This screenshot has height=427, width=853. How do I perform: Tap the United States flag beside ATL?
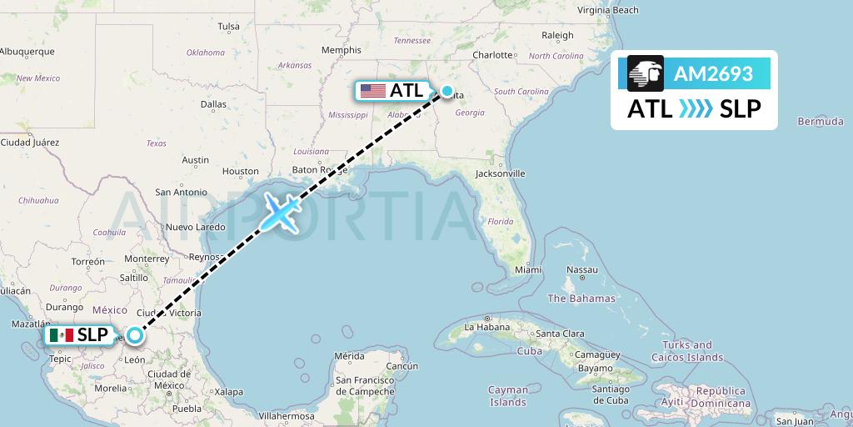(x=373, y=91)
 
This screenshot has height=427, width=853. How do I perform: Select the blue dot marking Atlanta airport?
(x=447, y=91)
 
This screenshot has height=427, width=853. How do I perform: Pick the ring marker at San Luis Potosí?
(x=133, y=336)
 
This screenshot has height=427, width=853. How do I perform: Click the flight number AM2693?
(x=714, y=74)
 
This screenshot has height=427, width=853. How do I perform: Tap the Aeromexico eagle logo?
(x=646, y=73)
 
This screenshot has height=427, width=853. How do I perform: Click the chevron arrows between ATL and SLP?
(x=696, y=108)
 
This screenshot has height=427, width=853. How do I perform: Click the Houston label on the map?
(x=240, y=171)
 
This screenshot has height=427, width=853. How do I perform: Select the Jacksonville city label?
(x=500, y=173)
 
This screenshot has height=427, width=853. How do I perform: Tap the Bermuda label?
(x=820, y=121)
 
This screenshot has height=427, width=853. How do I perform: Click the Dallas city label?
(x=213, y=104)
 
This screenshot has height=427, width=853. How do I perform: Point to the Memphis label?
(x=341, y=50)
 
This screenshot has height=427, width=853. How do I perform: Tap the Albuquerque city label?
(x=27, y=51)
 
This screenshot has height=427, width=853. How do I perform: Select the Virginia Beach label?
(x=608, y=10)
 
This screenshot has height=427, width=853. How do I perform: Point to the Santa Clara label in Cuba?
(x=560, y=334)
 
